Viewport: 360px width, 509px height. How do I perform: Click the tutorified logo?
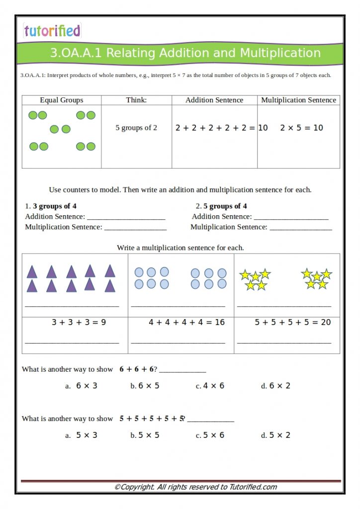point(52,31)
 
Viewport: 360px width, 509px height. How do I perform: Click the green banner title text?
point(185,53)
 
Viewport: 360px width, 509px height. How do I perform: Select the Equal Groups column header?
point(62,100)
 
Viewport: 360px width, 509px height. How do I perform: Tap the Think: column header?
point(136,100)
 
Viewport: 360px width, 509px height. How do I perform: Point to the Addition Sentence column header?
point(214,100)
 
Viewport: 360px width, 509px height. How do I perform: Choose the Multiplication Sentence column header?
point(298,100)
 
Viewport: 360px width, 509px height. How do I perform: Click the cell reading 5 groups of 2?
point(136,128)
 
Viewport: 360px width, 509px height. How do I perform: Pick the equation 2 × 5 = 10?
point(301,128)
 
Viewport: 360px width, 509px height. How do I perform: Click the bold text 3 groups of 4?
point(55,206)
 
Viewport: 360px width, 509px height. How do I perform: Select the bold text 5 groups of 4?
point(225,206)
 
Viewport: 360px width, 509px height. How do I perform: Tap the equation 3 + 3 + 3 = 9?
point(79,322)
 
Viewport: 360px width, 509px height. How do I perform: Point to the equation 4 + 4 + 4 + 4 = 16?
point(186,322)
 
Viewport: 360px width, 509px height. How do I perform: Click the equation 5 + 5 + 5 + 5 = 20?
point(292,322)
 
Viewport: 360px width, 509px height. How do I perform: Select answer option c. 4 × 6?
point(210,386)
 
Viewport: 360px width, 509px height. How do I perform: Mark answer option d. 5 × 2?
point(276,435)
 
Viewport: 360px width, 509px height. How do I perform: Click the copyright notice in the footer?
point(195,487)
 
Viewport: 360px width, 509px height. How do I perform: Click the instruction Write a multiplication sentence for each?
point(180,248)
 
